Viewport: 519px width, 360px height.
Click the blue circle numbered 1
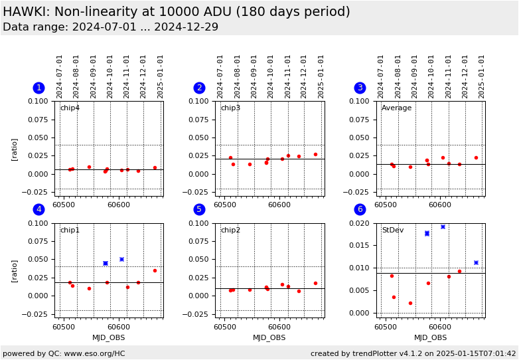[38, 88]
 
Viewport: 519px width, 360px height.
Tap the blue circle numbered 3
[360, 88]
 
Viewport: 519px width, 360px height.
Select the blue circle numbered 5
[199, 209]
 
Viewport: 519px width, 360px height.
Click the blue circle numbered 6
[360, 209]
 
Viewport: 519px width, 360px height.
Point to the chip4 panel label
[70, 108]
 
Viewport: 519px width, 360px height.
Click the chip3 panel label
[230, 108]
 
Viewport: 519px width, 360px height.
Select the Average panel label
[396, 108]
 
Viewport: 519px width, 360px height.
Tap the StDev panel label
[392, 230]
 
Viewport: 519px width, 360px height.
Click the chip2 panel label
[230, 230]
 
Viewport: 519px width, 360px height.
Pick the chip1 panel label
[70, 230]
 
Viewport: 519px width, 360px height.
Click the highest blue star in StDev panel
[443, 226]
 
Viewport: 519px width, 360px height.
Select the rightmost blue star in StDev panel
[476, 262]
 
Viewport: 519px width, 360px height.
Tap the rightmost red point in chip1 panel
[155, 270]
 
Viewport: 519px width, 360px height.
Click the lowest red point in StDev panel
[410, 303]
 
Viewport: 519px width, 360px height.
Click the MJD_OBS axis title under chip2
[269, 337]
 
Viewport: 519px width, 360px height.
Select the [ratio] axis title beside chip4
[15, 149]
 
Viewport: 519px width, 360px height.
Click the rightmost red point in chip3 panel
[315, 154]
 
